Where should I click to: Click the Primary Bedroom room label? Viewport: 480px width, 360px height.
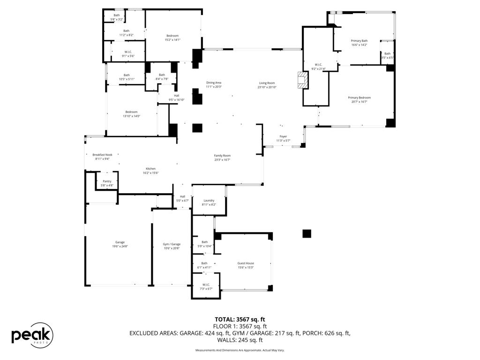coord(359,97)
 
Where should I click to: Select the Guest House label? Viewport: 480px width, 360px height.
coord(246,263)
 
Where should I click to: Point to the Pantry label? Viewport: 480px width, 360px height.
coord(107,181)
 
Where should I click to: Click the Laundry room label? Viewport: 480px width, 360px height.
coord(209,200)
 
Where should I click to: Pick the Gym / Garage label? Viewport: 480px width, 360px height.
coord(172,244)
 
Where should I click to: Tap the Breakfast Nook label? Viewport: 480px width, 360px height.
coord(102,155)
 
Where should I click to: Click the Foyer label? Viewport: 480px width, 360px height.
coord(283,136)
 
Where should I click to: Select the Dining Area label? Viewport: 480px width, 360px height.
coord(214,82)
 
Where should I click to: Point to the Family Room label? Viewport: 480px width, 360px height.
coord(222,156)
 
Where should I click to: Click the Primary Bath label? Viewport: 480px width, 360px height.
coord(359,41)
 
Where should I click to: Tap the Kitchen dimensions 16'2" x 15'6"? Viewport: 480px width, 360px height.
coord(150,173)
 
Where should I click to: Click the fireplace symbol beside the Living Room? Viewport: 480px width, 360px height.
coord(303,80)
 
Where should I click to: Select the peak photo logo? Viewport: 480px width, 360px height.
coord(32,335)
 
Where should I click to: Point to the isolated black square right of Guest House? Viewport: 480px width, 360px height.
coord(307,233)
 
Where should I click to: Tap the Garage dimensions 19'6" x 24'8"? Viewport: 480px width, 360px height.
coord(120,246)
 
